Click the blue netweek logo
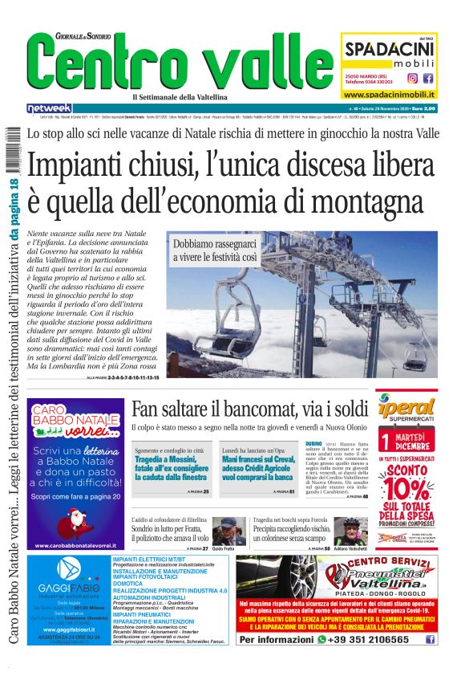pos(49,108)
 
